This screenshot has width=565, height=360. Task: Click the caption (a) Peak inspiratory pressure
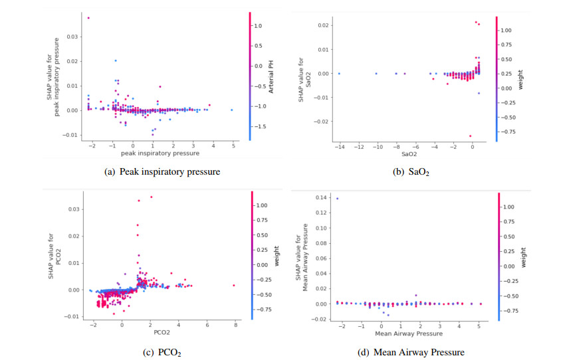163,172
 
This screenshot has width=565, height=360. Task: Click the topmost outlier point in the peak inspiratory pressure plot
88,18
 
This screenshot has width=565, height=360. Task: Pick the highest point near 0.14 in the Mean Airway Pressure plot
337,199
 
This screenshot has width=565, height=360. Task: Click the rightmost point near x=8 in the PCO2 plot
234,285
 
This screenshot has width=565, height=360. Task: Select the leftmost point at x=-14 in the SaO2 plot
339,74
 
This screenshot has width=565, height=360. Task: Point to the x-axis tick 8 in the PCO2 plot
235,324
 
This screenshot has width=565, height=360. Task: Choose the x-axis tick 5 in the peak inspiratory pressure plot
234,145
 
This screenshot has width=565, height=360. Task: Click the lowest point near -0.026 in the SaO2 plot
470,136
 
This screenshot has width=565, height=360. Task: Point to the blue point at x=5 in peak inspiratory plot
232,110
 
